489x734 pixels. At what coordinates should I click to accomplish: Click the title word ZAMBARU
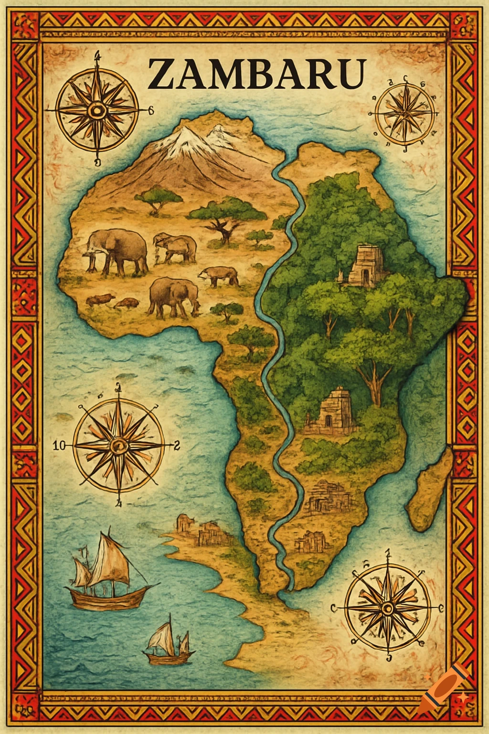(x=256, y=74)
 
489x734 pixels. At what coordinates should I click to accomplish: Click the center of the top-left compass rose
(x=97, y=111)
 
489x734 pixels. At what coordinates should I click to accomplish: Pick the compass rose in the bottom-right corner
(x=387, y=607)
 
